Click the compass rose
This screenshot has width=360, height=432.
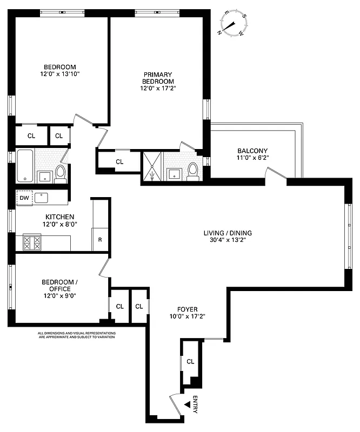tap(233, 24)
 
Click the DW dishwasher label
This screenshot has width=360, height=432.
tap(24, 198)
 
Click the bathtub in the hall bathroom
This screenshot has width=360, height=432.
tap(24, 166)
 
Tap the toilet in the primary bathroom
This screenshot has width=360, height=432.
tap(192, 171)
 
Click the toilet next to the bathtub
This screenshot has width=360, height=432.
tap(60, 173)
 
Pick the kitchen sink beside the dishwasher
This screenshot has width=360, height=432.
tap(42, 197)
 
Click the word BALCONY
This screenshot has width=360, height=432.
tap(252, 151)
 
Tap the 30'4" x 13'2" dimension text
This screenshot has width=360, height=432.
tap(228, 241)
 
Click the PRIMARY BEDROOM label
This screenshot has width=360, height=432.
tap(158, 78)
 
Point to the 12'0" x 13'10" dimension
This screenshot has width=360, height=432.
tap(59, 74)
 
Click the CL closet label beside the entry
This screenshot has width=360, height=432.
tap(190, 361)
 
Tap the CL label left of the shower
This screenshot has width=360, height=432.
tap(119, 161)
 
